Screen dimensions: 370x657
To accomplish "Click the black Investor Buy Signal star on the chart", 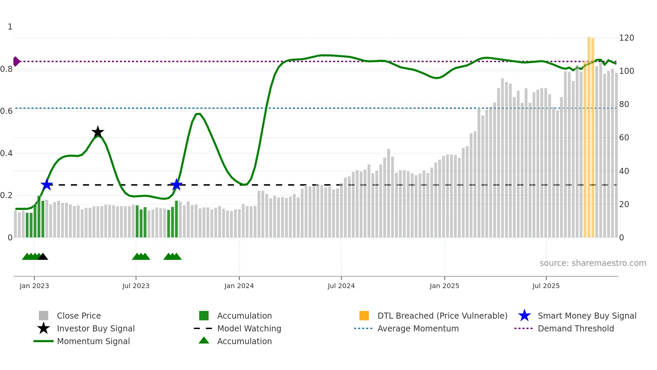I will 98,132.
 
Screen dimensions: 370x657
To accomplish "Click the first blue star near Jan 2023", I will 47,185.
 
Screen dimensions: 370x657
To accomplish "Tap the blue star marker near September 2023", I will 176,185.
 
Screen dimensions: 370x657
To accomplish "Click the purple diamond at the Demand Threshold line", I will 16,61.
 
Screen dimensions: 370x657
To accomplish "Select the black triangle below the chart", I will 43,257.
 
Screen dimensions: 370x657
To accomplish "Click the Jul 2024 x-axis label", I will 341,286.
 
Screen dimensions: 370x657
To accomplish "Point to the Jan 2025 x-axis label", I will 444,286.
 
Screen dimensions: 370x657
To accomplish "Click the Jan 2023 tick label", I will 34,286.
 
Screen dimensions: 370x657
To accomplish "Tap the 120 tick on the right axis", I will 626,38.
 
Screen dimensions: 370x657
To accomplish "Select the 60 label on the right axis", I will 624,138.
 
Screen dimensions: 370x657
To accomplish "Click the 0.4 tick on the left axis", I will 6,153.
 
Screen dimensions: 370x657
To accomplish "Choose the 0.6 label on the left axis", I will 6,111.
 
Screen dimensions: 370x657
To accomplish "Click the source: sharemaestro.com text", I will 593,263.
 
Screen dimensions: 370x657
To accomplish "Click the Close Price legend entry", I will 79,316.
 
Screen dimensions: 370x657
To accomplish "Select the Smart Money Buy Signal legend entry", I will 587,316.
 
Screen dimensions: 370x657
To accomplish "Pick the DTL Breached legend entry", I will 442,316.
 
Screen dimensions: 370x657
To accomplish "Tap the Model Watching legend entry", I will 249,328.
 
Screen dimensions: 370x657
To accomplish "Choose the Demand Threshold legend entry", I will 576,328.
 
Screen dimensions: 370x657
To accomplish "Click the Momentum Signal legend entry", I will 93,341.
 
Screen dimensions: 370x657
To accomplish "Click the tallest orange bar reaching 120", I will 589,134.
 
